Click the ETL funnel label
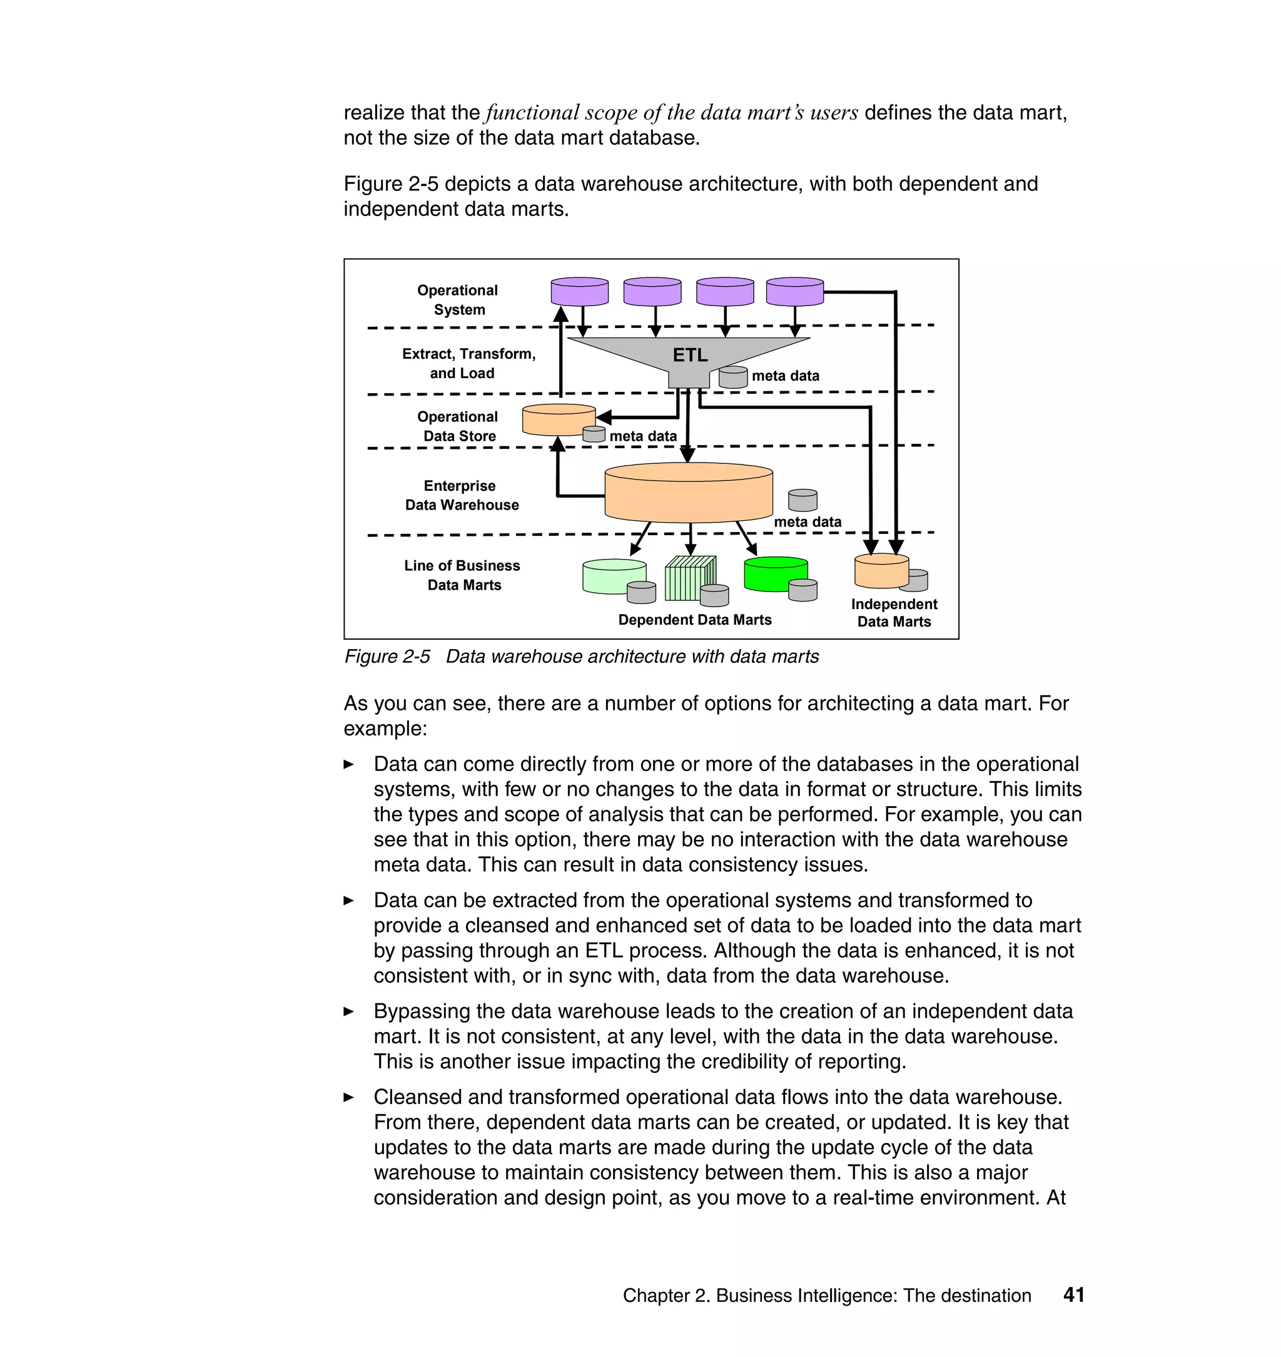click(x=690, y=355)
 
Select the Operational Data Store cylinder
click(x=558, y=419)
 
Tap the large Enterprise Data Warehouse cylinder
click(x=688, y=493)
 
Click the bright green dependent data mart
click(x=775, y=574)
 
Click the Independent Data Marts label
click(x=893, y=612)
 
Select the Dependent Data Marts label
click(x=694, y=620)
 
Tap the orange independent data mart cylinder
click(x=880, y=571)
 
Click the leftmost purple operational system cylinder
click(x=579, y=291)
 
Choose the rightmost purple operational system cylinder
click(x=794, y=291)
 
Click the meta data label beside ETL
click(x=785, y=376)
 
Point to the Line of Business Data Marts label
click(x=462, y=575)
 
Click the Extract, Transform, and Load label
click(x=468, y=363)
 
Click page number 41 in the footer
click(x=1073, y=1295)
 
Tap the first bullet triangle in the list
click(x=348, y=765)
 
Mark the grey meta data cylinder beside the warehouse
click(x=803, y=500)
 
